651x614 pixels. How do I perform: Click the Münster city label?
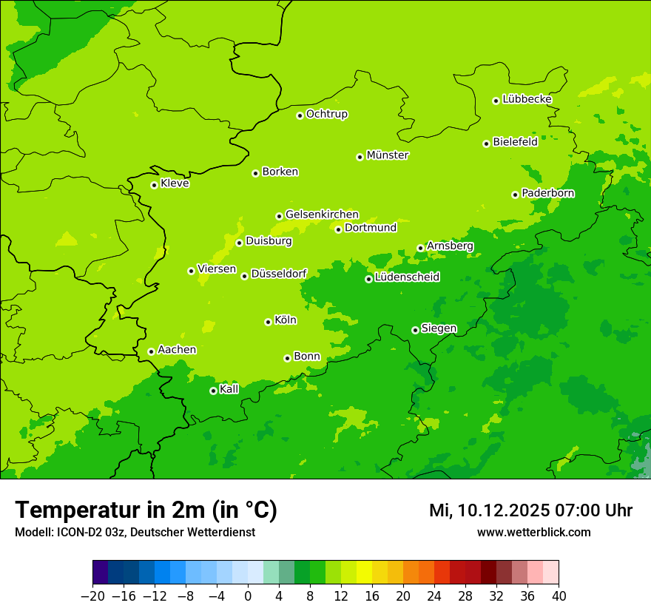click(388, 155)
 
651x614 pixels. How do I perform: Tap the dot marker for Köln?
click(268, 322)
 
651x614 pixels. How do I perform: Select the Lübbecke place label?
click(527, 99)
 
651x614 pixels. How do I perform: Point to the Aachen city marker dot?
click(151, 351)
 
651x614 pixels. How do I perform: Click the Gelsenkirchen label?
click(322, 215)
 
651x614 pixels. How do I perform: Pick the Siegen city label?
click(439, 328)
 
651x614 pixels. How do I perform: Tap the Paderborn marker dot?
click(515, 195)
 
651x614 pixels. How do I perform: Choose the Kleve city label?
click(175, 183)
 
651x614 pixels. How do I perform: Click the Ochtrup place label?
click(326, 114)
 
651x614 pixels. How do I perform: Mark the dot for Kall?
click(213, 391)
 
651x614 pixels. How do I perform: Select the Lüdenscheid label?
click(407, 277)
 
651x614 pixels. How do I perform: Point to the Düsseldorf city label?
click(279, 274)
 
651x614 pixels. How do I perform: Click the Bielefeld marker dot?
click(486, 144)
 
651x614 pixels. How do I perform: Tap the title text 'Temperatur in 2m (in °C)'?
click(146, 510)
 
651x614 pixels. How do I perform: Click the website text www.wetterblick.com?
click(533, 532)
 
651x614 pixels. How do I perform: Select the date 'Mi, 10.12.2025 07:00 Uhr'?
click(530, 510)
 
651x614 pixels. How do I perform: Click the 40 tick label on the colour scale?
click(559, 596)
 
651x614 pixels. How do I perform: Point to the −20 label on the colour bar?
click(92, 596)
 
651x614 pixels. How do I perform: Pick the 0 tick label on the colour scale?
click(248, 596)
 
